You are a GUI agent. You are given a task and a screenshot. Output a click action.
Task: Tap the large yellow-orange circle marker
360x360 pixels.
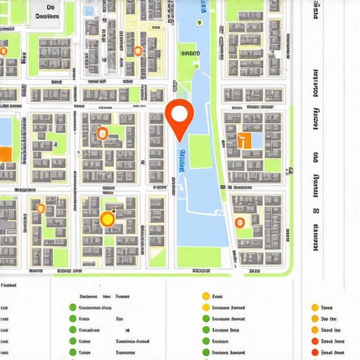(x=107, y=219)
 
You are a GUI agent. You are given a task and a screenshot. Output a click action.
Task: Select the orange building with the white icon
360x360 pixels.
(x=245, y=140)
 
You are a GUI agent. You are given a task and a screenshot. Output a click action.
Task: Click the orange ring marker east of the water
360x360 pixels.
(x=240, y=222)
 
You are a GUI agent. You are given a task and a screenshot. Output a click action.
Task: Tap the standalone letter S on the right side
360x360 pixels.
(x=316, y=210)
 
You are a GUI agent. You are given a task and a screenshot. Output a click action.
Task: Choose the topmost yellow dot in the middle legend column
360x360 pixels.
(x=206, y=296)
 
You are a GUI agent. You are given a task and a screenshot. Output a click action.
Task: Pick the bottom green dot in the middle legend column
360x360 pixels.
(x=206, y=352)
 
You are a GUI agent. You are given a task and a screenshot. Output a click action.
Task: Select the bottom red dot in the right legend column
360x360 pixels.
(x=314, y=352)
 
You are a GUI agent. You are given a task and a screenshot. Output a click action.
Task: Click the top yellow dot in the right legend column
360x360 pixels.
(x=314, y=307)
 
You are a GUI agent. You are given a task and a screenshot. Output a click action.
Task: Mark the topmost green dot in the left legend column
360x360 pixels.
(x=72, y=307)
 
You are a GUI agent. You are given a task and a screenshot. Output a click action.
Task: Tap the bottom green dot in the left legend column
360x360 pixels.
(x=72, y=352)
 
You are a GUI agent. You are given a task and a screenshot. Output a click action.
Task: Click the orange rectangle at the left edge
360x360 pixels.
(x=5, y=154)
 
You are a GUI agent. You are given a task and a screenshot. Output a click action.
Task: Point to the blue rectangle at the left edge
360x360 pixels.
(x=5, y=130)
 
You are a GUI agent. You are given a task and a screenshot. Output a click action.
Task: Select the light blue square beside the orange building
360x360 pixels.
(x=257, y=140)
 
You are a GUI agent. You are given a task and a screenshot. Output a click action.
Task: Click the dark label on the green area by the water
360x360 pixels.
(x=189, y=53)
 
